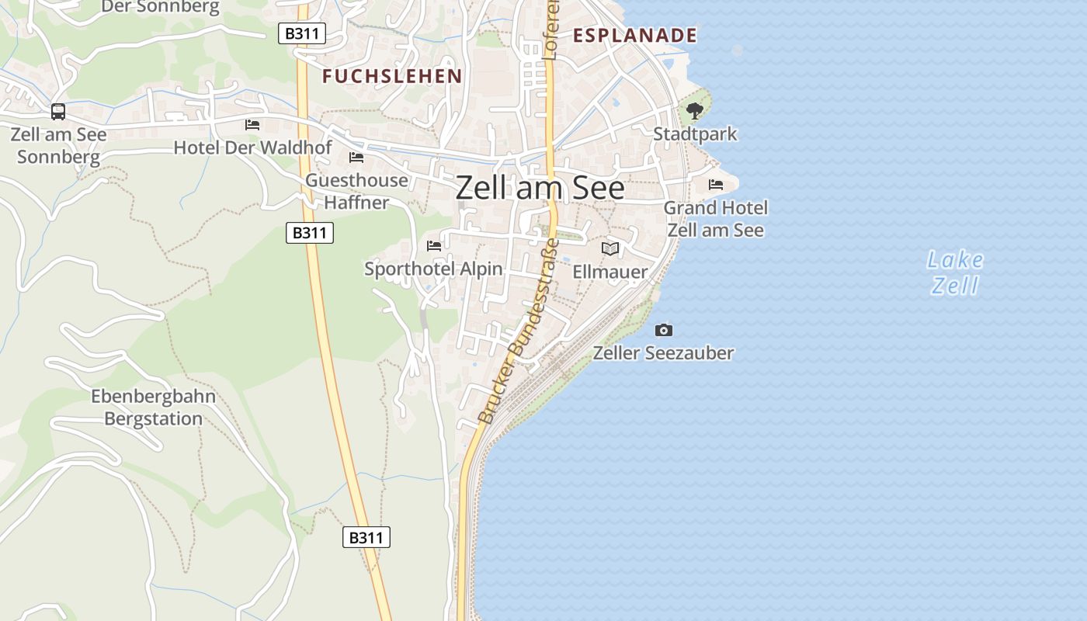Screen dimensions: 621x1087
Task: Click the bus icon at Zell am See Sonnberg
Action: (x=58, y=112)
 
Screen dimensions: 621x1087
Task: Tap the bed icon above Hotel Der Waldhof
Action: (x=252, y=124)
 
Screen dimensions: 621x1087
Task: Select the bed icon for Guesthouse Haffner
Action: (x=356, y=158)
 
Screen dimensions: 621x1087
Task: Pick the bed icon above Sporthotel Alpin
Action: (x=434, y=246)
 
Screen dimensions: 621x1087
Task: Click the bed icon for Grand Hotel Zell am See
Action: (x=716, y=185)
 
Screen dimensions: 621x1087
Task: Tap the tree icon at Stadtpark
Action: (x=695, y=111)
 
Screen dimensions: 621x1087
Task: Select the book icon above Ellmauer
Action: (x=610, y=248)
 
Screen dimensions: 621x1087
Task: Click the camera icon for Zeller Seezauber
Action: (x=664, y=331)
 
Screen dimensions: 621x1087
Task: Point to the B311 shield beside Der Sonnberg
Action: (x=302, y=33)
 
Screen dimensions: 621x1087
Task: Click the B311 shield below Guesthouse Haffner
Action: (x=310, y=232)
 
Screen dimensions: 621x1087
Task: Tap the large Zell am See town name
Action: (x=540, y=188)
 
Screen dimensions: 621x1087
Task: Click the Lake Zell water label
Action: (x=955, y=272)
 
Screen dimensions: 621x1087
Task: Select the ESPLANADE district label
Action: (x=634, y=36)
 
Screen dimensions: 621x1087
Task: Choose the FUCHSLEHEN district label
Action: (x=392, y=76)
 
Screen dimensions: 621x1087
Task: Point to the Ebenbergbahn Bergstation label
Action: (x=154, y=408)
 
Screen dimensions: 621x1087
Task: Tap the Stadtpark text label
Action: (x=695, y=134)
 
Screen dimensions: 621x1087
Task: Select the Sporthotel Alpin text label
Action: (x=434, y=269)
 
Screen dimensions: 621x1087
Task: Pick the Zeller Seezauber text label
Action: (x=663, y=354)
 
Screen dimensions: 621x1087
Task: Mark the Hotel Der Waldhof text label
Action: (x=252, y=147)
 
